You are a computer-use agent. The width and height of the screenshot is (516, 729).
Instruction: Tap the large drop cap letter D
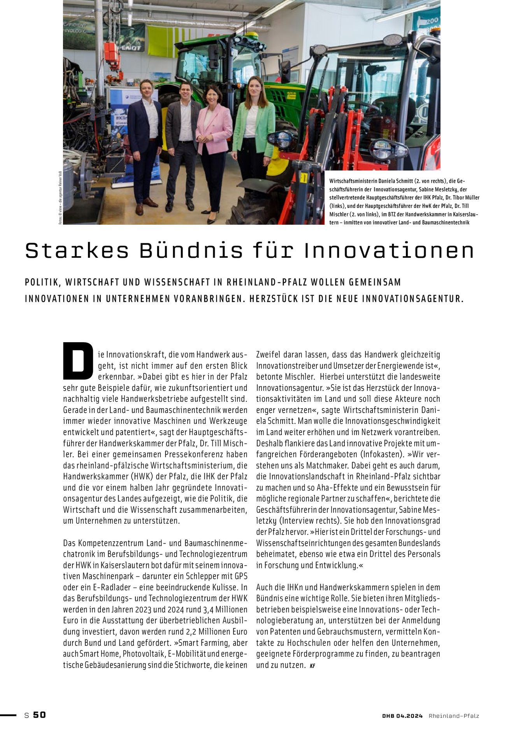[78, 360]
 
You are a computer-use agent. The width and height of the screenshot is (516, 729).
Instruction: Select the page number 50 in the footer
[39, 715]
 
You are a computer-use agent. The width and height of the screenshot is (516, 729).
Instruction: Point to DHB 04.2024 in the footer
[402, 716]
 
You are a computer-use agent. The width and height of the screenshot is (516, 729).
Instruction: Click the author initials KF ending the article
[312, 666]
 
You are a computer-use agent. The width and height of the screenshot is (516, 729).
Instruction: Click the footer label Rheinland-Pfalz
[454, 716]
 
